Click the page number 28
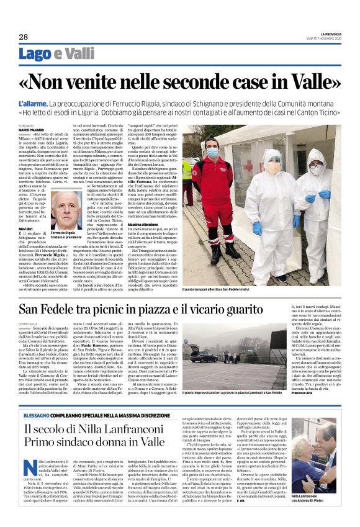pyautogui.click(x=23, y=37)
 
